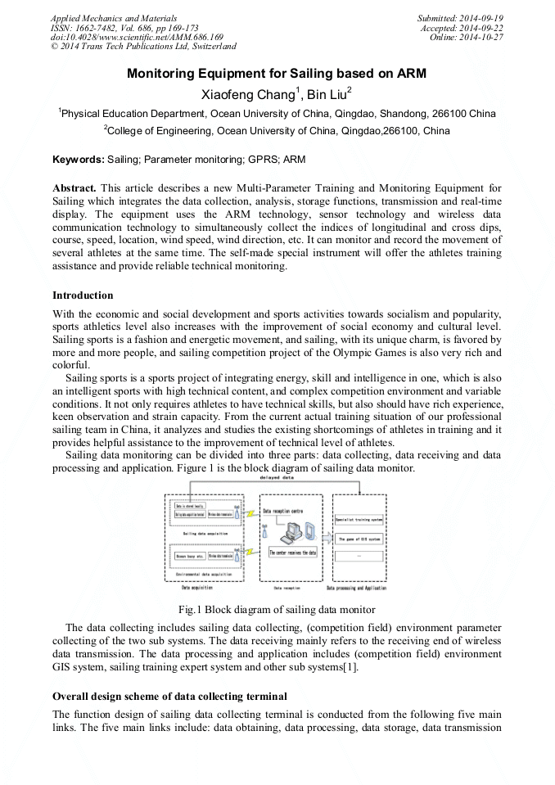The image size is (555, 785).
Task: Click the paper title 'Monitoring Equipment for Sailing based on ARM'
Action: (277, 74)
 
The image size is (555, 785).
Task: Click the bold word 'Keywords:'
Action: (78, 159)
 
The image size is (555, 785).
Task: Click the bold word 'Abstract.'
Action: (74, 188)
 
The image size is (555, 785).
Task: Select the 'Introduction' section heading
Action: (83, 296)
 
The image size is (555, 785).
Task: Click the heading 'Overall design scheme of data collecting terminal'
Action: (169, 697)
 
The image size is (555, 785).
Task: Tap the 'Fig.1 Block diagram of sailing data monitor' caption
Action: (277, 609)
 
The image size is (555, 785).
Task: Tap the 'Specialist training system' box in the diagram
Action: (359, 519)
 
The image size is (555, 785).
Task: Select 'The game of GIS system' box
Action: (359, 539)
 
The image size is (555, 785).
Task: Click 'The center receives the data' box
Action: (292, 553)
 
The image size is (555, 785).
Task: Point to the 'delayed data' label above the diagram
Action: (277, 476)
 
